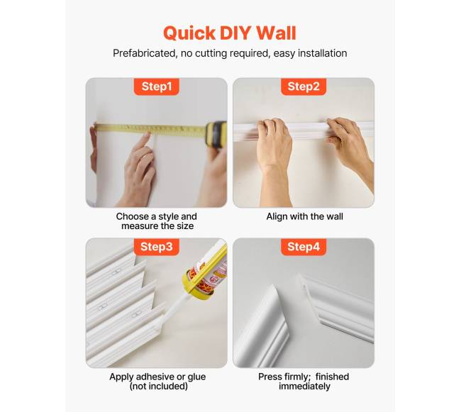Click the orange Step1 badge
157,87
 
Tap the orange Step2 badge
304,87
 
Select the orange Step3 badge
157,247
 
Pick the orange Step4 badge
304,247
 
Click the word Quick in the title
189,33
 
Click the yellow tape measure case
216,134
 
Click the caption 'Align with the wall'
304,216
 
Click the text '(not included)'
158,386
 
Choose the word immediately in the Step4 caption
304,386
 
